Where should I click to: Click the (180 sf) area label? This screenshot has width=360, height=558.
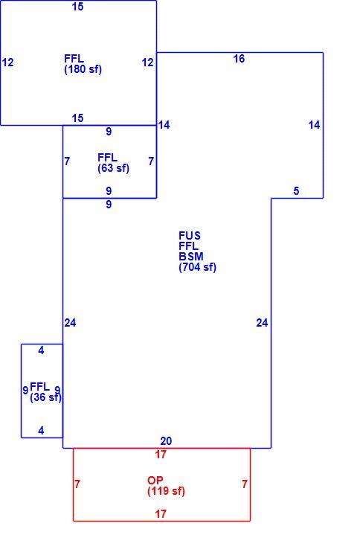coord(83,69)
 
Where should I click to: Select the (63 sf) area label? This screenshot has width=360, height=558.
coord(113,168)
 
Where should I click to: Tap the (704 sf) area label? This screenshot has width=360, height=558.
coord(197,267)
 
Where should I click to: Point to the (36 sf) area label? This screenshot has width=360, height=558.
coord(45,397)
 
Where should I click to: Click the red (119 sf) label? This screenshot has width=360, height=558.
coord(166,491)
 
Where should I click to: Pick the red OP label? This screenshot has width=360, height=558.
coord(155,481)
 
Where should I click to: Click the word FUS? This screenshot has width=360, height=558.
coord(190,236)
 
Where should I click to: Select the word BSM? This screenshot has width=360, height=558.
coord(191,256)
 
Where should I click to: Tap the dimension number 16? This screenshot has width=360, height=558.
coord(239,59)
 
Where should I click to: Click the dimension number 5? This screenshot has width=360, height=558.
coord(296,191)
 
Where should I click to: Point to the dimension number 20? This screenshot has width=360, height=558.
coord(166,441)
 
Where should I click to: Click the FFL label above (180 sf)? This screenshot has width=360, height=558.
coord(74,58)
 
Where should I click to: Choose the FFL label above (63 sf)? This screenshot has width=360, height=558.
coord(107,157)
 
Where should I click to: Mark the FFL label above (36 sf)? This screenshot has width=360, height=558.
coord(40,386)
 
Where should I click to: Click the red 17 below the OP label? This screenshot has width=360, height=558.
coord(161,513)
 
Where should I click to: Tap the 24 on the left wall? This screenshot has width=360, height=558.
coord(70,323)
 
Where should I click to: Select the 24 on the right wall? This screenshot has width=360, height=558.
coord(262,323)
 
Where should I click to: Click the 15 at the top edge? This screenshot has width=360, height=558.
coord(77,7)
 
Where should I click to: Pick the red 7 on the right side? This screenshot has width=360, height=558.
coord(245,484)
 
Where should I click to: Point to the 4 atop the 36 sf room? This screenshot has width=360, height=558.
coord(41,350)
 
